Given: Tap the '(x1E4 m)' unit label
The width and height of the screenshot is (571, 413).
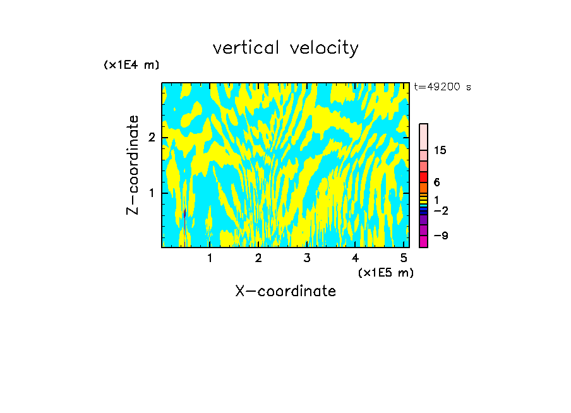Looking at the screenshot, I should (131, 64).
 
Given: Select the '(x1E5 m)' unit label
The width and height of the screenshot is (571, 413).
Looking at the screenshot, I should (385, 272).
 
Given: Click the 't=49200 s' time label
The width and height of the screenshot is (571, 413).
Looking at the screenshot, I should (442, 87).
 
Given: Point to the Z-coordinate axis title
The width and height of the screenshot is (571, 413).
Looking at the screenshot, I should (133, 165).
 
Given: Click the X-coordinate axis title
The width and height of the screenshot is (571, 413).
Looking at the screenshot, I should (285, 291).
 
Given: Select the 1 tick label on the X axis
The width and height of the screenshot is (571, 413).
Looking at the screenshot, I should (210, 258).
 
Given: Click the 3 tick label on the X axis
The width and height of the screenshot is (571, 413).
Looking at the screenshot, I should (306, 258).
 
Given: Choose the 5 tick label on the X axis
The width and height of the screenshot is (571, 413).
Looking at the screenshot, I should (404, 258).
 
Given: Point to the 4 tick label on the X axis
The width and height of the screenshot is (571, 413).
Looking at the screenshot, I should (355, 258).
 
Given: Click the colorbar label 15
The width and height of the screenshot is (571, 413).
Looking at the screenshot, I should (440, 150).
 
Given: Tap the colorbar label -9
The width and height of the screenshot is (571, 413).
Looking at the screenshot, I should (440, 236).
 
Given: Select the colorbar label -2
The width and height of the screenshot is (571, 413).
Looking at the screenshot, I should (440, 210).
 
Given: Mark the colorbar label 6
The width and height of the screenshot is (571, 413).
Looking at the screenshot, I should (436, 182).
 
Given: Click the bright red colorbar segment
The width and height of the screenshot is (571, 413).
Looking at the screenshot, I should (423, 177).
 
